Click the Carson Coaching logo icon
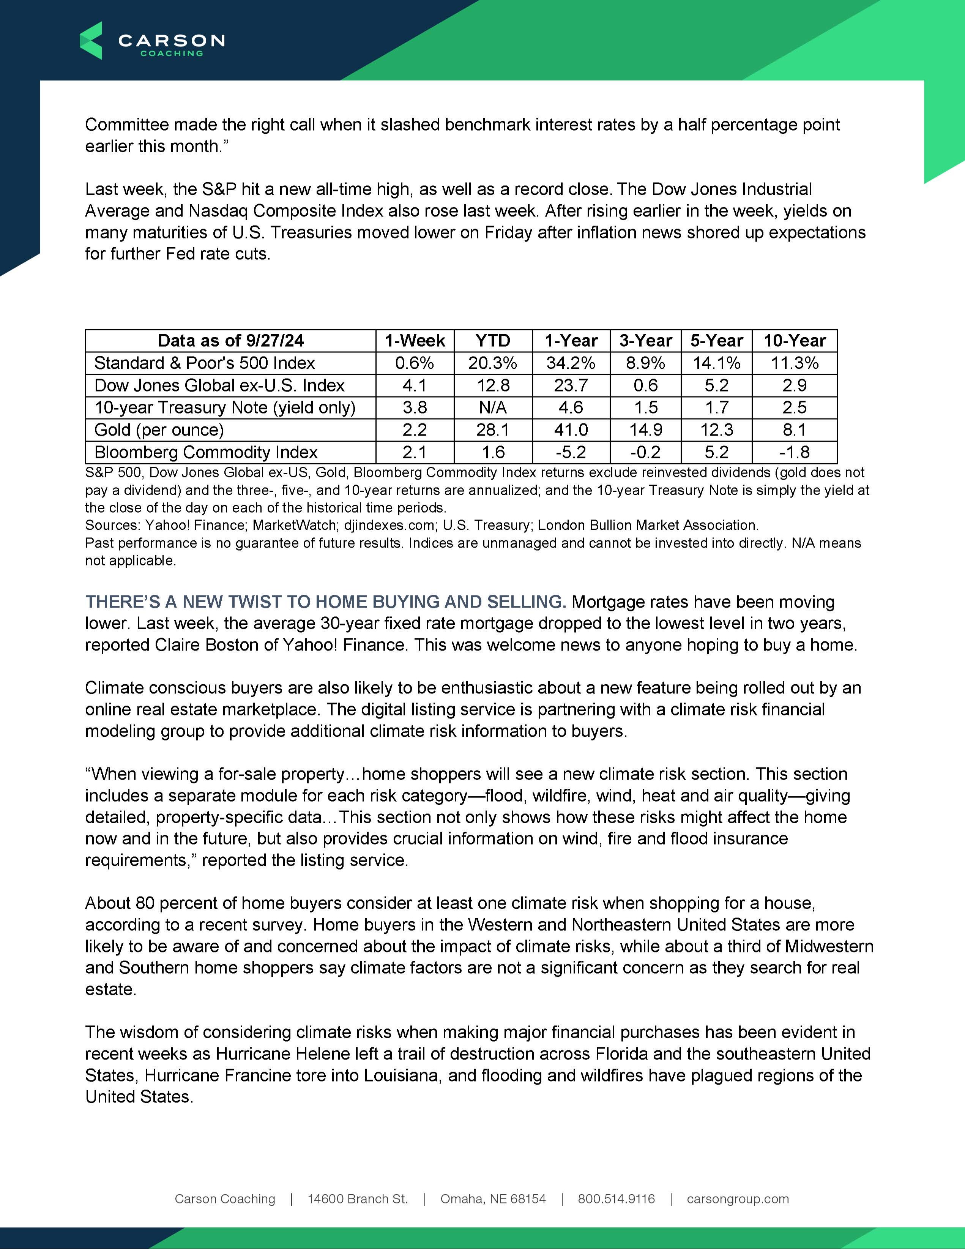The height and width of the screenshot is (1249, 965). click(91, 41)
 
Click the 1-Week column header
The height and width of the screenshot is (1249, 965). click(415, 341)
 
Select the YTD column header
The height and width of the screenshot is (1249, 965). click(493, 341)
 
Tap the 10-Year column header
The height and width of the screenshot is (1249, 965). click(794, 341)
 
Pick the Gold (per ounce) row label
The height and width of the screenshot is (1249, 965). click(159, 430)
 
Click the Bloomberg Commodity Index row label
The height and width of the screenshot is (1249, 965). click(206, 452)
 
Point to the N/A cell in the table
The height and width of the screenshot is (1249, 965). click(493, 408)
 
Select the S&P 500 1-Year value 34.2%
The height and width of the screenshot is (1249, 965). click(571, 363)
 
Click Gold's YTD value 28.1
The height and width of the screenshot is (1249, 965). click(493, 430)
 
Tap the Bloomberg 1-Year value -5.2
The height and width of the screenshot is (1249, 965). click(571, 452)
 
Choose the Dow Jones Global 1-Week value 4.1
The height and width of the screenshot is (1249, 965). click(415, 385)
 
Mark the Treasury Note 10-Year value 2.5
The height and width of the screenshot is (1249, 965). click(794, 408)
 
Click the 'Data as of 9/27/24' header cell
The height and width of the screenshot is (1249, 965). click(230, 341)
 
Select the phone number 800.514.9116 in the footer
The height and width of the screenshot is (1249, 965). click(616, 1198)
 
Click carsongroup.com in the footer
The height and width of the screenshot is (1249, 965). click(738, 1198)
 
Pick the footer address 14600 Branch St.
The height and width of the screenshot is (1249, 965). click(358, 1198)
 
